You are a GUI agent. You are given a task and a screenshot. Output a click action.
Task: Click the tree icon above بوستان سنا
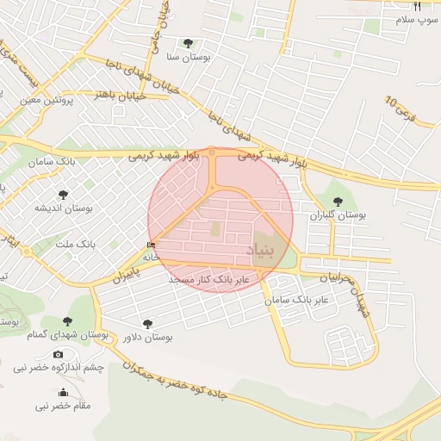point(188,43)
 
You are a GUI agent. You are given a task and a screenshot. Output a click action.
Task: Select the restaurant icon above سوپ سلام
point(417,7)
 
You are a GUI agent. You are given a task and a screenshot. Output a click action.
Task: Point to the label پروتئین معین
point(43,101)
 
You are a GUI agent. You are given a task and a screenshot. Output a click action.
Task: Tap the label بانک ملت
point(77,245)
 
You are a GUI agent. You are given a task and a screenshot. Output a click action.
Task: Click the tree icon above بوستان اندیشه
point(62,195)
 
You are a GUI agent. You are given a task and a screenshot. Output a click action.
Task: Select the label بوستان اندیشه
point(63,208)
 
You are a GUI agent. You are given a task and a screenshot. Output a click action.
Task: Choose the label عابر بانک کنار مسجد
point(209,281)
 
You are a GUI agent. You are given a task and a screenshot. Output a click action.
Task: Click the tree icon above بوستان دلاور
point(147,323)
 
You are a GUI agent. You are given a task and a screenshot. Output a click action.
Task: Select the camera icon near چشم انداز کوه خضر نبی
point(58,354)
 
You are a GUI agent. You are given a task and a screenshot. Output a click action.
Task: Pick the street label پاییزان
point(126,276)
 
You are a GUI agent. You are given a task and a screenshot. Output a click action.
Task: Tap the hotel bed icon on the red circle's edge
point(152,245)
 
